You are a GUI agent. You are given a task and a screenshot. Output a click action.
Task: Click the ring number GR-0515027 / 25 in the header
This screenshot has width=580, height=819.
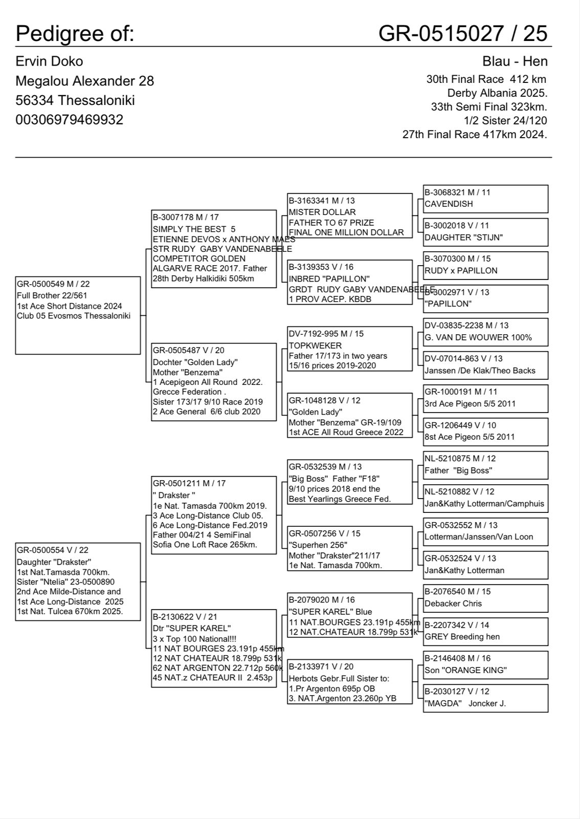[x=462, y=34]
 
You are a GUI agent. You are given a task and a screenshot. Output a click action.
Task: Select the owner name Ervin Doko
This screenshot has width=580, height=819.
[x=49, y=61]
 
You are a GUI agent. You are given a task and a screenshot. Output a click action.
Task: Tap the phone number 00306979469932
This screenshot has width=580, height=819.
[x=69, y=120]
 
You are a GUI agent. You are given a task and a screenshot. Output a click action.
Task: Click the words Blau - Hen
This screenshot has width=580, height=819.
[x=515, y=61]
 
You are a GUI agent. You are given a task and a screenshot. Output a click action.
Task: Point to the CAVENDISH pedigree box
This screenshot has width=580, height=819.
[x=485, y=199]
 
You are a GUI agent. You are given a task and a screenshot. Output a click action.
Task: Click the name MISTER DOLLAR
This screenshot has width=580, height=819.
[x=322, y=212]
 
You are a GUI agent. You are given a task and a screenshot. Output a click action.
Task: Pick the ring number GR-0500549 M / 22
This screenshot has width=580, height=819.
[x=53, y=284]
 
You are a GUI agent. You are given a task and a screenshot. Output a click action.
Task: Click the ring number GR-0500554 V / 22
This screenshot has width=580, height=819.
[x=53, y=550]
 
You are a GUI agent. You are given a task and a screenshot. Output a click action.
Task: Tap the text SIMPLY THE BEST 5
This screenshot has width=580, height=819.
[x=194, y=229]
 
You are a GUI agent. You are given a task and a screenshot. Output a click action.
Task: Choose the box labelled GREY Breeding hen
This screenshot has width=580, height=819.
[x=485, y=631]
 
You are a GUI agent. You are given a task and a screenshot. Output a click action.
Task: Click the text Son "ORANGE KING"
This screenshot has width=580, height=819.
[x=465, y=670]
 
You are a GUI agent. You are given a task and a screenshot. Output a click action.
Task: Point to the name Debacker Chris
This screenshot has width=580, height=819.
[x=453, y=604]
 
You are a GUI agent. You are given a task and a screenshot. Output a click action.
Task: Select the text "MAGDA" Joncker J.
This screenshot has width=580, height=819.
[x=465, y=703]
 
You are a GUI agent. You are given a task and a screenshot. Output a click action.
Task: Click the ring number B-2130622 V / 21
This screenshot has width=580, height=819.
[x=188, y=617]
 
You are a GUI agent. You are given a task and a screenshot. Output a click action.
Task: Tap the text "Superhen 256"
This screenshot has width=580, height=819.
[x=318, y=545]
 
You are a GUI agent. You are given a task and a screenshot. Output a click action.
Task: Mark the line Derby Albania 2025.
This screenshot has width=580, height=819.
[x=497, y=93]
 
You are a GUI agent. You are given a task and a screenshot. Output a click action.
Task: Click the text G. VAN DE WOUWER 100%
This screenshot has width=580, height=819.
[x=478, y=337]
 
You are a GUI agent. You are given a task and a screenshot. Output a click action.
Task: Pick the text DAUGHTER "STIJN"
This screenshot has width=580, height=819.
[x=463, y=238]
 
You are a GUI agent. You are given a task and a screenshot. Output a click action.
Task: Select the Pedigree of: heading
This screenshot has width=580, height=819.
[x=75, y=34]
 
